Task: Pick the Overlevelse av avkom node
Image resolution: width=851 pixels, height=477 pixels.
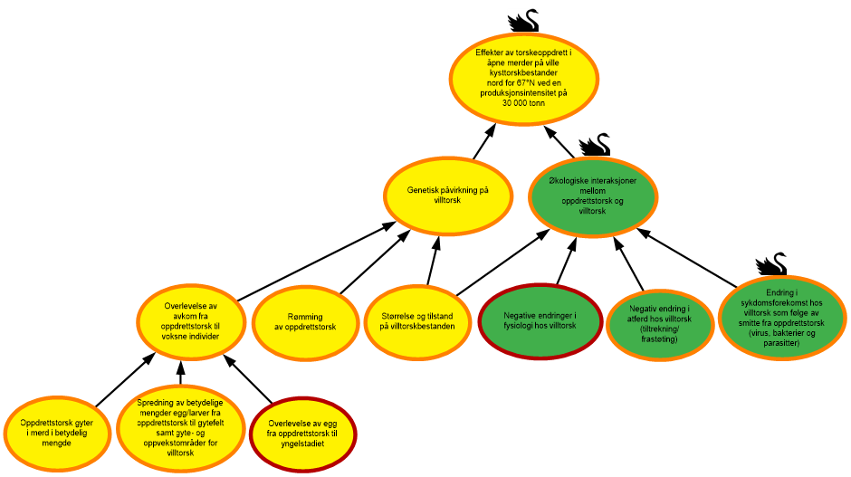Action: pos(191,321)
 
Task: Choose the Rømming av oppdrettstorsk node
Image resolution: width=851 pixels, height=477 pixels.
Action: pos(303,321)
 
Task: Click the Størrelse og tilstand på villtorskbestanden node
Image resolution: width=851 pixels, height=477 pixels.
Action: pos(417,320)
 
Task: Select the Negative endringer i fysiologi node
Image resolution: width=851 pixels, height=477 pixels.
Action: pos(540,320)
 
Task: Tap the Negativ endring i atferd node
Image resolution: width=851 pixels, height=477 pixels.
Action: pos(660,323)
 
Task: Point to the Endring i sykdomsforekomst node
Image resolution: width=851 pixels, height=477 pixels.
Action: pos(782,317)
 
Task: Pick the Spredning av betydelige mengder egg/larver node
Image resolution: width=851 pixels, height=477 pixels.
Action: pos(181,427)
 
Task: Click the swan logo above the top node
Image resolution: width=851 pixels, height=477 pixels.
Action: pos(522,20)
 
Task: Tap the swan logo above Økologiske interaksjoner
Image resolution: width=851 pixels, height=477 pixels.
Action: pos(594,144)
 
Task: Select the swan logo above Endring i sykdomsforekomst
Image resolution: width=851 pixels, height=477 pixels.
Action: pos(770,263)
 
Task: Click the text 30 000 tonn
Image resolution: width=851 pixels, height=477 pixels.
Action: pos(524,103)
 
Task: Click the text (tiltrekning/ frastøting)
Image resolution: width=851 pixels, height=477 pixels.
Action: pos(660,334)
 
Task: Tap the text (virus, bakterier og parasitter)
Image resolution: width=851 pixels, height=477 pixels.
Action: pos(782,338)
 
